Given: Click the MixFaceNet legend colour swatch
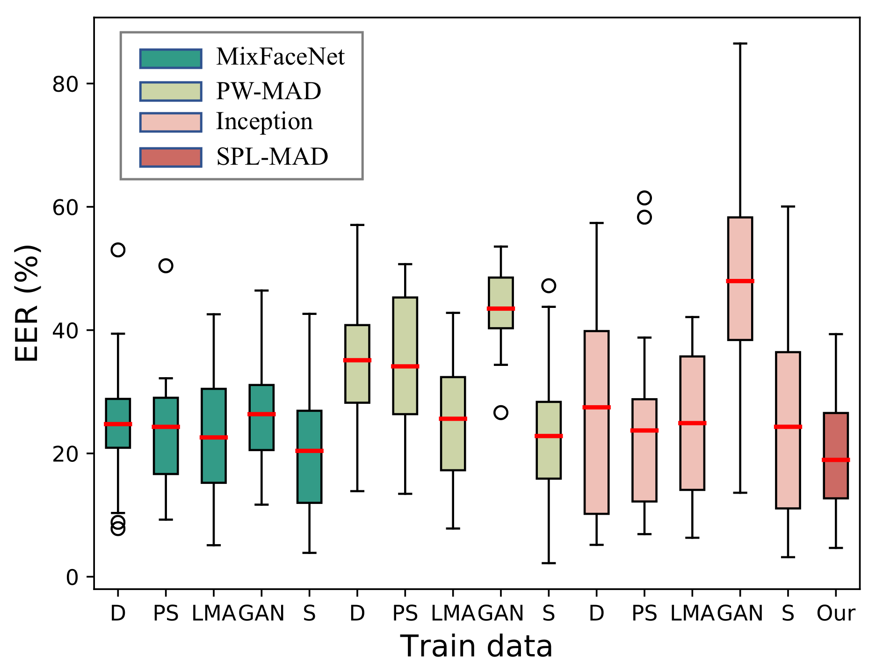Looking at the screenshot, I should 171,58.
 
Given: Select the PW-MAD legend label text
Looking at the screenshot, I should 268,91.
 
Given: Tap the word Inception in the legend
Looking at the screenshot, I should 264,122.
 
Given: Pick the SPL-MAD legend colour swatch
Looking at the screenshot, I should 171,157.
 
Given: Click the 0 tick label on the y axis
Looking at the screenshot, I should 72,577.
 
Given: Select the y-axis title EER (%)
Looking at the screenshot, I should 27,303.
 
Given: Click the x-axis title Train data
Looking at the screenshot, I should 476,647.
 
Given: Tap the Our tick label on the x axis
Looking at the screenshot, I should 836,613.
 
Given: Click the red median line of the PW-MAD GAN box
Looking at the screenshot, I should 500,309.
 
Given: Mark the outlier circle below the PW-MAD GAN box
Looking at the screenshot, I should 500,413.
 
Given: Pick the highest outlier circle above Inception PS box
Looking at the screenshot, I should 644,198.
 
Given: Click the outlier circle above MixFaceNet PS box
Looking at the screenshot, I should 166,266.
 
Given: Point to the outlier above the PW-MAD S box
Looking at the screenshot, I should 549,285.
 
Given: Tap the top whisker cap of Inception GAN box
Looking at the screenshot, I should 740,44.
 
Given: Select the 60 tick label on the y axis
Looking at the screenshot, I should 65,207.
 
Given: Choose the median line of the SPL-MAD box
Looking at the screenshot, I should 836,460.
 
